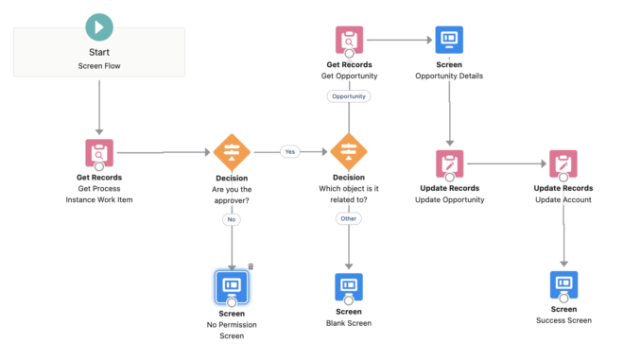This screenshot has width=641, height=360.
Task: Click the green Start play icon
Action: (x=98, y=26)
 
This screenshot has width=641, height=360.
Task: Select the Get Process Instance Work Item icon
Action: (x=98, y=152)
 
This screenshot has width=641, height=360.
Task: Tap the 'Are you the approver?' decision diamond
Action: (x=231, y=151)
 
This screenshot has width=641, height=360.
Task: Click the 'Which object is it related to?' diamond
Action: (x=348, y=151)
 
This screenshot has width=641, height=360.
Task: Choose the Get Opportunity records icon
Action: (x=349, y=41)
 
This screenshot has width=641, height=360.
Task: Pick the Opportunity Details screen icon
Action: (x=449, y=41)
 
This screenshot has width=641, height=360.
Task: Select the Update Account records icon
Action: (x=563, y=163)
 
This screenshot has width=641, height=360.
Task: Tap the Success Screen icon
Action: (x=564, y=283)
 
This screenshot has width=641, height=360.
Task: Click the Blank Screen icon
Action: (x=349, y=285)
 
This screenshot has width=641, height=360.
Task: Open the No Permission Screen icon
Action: (x=232, y=284)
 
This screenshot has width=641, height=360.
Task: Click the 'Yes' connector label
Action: (x=289, y=151)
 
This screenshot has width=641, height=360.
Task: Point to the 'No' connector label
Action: (x=231, y=219)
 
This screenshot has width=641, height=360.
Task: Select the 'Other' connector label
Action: (x=349, y=218)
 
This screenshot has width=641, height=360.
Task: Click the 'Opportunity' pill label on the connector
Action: (x=349, y=96)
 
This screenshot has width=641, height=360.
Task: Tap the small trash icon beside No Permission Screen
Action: (x=251, y=267)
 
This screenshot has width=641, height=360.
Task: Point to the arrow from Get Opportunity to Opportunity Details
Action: (x=399, y=41)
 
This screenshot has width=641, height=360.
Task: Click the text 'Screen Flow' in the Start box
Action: (x=98, y=66)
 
